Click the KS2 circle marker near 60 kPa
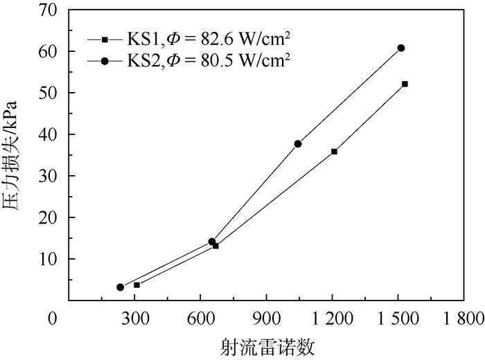tap(401, 48)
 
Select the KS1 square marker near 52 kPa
tap(405, 84)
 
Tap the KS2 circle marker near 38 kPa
tap(298, 144)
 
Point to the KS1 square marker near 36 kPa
tap(335, 151)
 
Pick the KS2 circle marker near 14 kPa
tap(212, 242)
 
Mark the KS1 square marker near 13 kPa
tap(216, 246)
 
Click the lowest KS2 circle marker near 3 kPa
tap(121, 287)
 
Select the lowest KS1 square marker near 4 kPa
tap(136, 285)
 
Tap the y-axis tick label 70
tap(48, 10)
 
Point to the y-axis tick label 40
tap(48, 134)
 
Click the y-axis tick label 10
tap(48, 259)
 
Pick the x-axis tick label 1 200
tap(333, 320)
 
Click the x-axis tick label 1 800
tap(464, 320)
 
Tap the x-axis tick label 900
tap(266, 320)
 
